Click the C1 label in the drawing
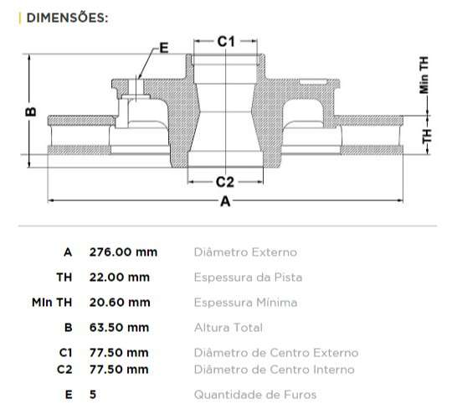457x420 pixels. [x=225, y=40]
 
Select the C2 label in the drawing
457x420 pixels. [x=225, y=181]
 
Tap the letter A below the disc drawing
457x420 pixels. [x=224, y=201]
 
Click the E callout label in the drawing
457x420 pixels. [x=163, y=49]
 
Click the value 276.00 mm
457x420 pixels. [x=123, y=252]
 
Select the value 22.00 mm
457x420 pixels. [x=120, y=277]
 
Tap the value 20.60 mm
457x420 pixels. [x=120, y=303]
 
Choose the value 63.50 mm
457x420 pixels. [x=120, y=328]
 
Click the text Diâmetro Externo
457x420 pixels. [x=244, y=252]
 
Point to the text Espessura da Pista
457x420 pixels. [x=248, y=277]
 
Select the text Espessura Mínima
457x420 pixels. [x=245, y=303]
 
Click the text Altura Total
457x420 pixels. [x=228, y=328]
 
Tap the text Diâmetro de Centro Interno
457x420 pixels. [x=274, y=370]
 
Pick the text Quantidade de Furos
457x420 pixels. [x=255, y=395]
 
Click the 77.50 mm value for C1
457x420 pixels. [x=120, y=353]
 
